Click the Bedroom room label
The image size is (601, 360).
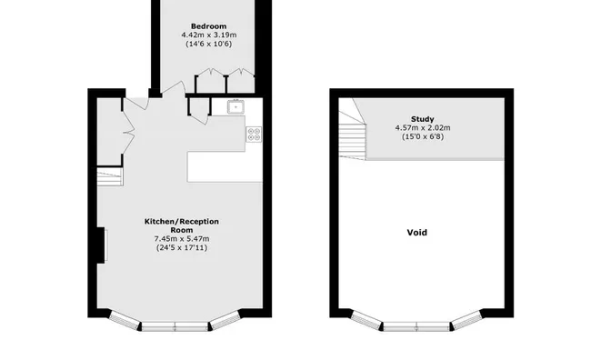pos(208,26)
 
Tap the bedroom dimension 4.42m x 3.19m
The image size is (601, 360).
pos(209,35)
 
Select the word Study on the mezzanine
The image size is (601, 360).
pos(423,119)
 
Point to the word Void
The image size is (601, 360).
pos(417,233)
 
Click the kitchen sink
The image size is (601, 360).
pos(235,107)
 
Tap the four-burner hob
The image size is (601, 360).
pos(254,135)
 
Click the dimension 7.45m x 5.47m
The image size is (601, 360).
pos(182,239)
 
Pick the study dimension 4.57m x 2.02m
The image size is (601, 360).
pos(423,127)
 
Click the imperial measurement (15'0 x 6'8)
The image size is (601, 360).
pos(423,136)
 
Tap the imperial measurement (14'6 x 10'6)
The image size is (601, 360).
pos(209,44)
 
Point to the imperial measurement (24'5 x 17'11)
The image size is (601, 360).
pos(182,247)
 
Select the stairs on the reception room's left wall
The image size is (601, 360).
pos(110,176)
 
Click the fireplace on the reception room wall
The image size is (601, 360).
pos(102,245)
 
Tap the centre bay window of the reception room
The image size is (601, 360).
pos(175,326)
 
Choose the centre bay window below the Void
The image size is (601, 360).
pos(416,326)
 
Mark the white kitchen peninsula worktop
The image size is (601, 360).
pos(225,166)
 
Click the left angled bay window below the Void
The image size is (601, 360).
pos(366,320)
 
